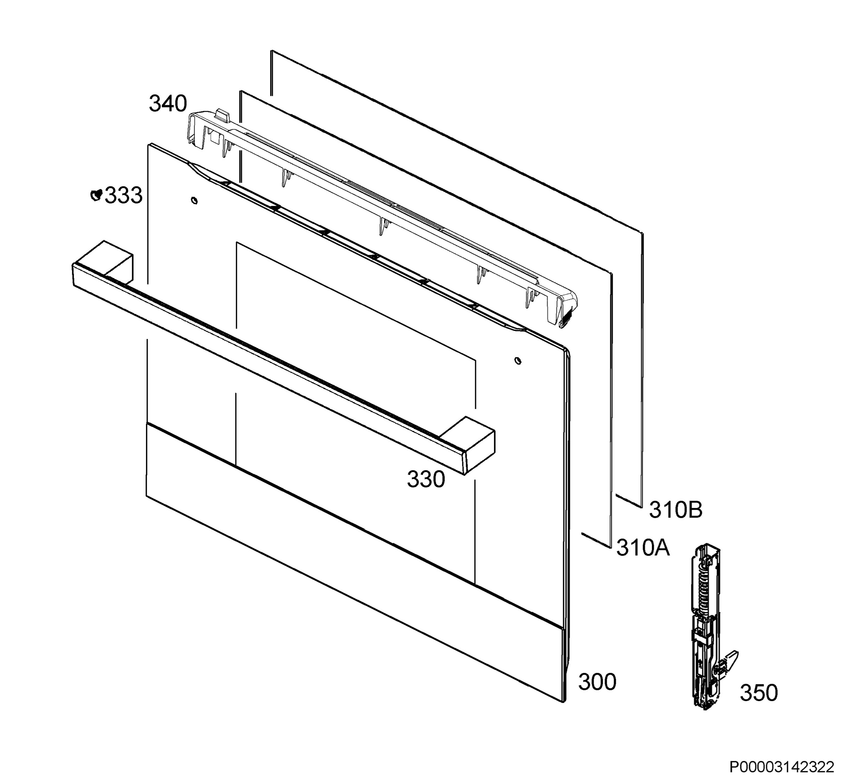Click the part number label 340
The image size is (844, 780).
click(x=167, y=104)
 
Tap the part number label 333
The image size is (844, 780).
click(x=123, y=195)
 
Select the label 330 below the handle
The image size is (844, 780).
click(x=426, y=479)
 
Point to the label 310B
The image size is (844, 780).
click(x=676, y=510)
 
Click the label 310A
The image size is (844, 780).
click(x=643, y=548)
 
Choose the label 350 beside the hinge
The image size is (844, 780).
click(x=759, y=693)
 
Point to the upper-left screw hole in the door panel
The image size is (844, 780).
click(x=194, y=200)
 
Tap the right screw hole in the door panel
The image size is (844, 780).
click(x=518, y=360)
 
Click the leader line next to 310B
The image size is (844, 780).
click(x=629, y=500)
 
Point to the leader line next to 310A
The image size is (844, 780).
click(x=596, y=540)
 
